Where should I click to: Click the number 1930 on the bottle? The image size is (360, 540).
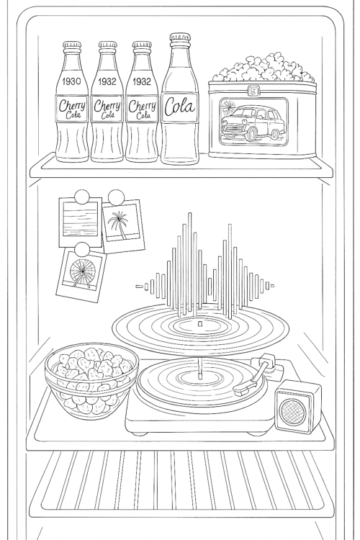coord(72,81)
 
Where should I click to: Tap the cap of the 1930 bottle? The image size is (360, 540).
coord(72,46)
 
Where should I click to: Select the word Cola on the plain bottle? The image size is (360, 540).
coord(179,106)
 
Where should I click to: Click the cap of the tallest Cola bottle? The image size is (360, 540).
coord(179,37)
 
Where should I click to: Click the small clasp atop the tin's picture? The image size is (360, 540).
coord(253,91)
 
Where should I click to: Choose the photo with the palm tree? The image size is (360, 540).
coord(121,226)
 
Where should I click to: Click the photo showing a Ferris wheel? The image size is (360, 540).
coord(81,276)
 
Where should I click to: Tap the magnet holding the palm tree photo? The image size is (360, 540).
coord(114,196)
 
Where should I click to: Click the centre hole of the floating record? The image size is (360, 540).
coord(199,325)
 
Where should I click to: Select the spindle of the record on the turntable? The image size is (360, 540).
coord(197,376)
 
